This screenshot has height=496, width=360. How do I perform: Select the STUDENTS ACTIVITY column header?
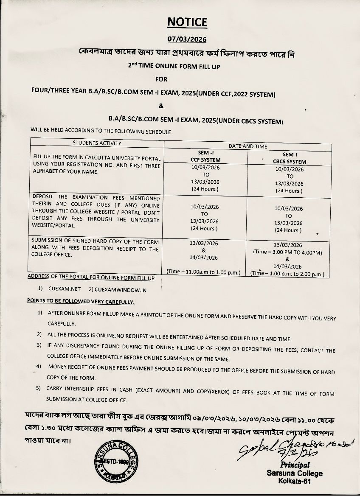(97, 143)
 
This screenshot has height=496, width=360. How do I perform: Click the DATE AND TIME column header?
(248, 146)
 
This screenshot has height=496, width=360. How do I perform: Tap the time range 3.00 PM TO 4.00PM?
(288, 252)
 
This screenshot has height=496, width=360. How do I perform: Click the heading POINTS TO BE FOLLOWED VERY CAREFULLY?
(81, 302)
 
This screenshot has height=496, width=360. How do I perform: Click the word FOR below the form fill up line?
(161, 79)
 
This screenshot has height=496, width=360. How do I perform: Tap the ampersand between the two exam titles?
(161, 106)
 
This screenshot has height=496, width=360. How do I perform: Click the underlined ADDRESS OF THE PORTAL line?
(91, 277)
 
